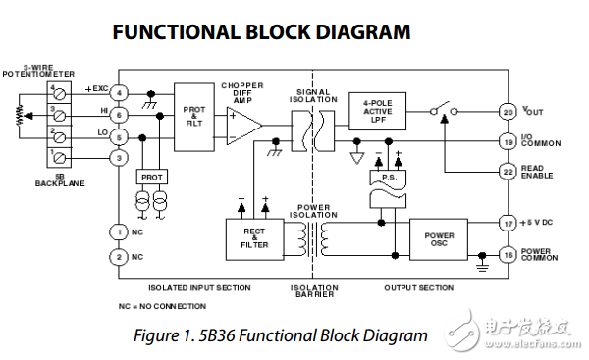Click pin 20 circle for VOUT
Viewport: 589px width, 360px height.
point(508,112)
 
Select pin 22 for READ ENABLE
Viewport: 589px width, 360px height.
point(508,172)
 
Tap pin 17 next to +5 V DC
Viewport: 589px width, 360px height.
point(508,225)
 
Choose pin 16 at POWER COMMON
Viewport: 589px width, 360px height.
point(508,255)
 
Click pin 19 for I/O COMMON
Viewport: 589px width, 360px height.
point(508,141)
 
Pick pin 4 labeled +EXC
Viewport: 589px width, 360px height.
point(118,93)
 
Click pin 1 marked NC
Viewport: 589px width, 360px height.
point(118,231)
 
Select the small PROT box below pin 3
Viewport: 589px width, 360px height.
point(151,178)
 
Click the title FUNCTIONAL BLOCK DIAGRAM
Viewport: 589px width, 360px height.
point(261,32)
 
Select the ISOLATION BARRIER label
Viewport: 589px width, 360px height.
point(314,291)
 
